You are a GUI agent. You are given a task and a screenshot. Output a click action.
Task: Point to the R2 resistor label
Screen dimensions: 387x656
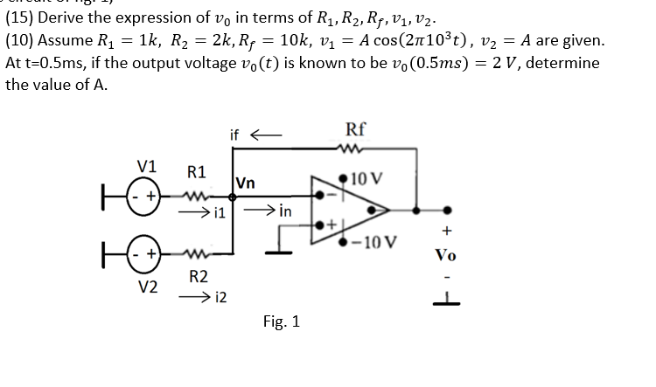[x=199, y=278]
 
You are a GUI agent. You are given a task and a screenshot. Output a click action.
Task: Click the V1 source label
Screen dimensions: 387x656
[x=147, y=166]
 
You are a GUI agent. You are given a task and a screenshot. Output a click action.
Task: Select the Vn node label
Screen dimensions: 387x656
[x=249, y=183]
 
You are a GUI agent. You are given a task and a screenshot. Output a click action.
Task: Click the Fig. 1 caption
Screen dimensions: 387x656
[x=282, y=322]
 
